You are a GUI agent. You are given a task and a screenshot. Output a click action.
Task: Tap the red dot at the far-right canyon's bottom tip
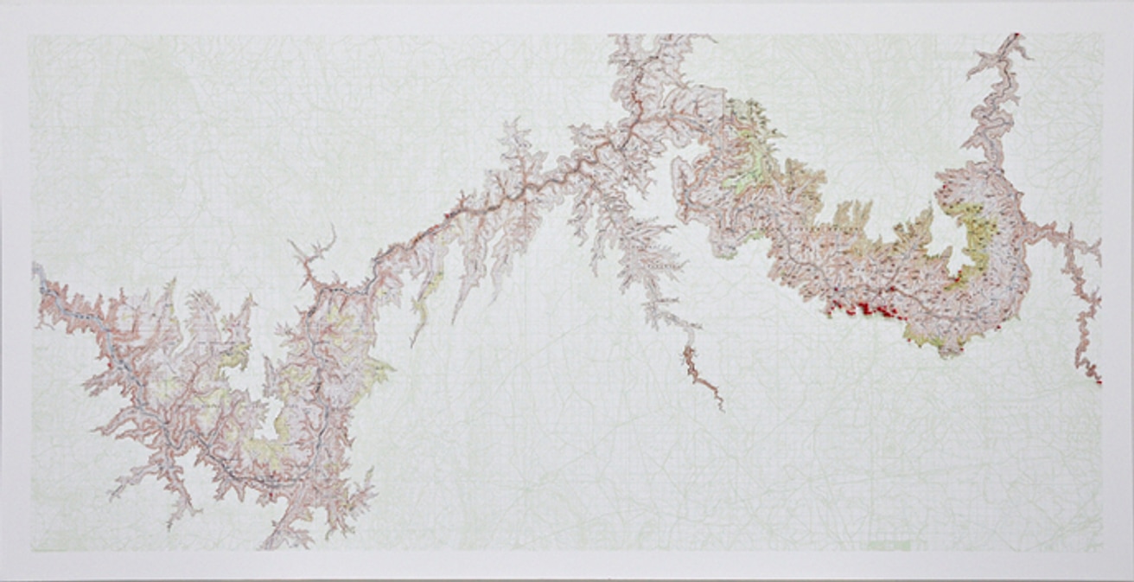[1099, 381]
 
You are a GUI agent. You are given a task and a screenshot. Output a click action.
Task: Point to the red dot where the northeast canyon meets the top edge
[1016, 35]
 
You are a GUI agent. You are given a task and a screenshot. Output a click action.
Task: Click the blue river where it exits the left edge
[35, 271]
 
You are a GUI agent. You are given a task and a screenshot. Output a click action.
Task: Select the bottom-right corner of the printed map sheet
[1104, 551]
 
